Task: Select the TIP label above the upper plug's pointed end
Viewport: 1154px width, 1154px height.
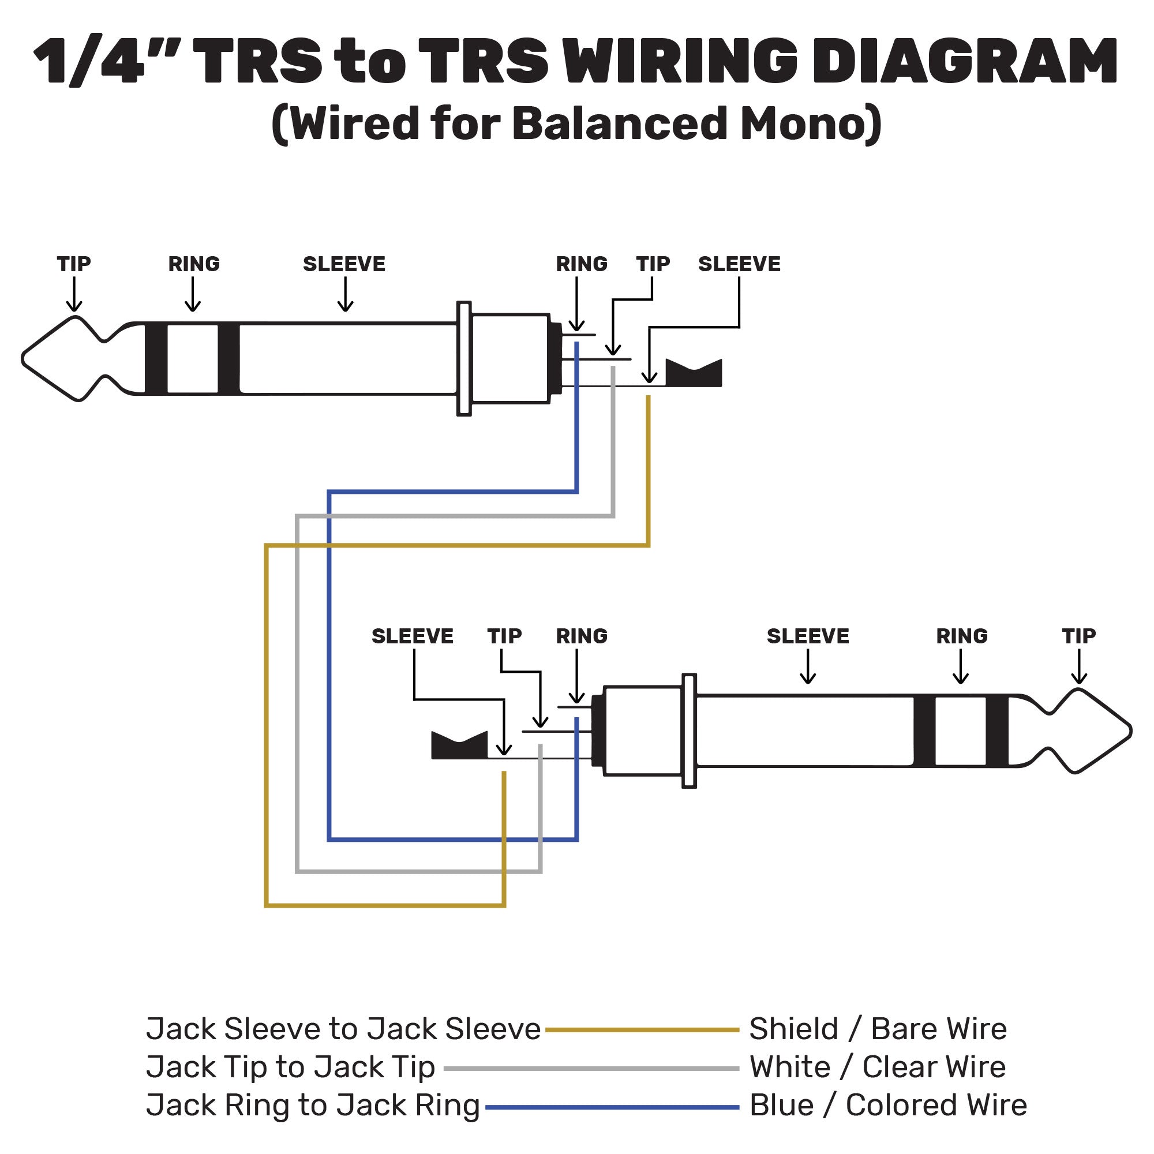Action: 74,264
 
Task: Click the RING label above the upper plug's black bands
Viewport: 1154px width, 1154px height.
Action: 193,264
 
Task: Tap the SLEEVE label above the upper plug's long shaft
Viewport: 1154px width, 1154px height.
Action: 344,264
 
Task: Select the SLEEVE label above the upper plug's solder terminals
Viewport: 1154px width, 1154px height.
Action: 739,264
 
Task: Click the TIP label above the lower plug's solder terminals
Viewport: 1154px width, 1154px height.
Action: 504,636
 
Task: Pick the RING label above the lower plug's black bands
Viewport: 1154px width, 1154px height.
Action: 962,636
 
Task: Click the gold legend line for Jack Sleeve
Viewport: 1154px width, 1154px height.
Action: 642,1030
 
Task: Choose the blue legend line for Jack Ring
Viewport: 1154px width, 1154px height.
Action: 612,1107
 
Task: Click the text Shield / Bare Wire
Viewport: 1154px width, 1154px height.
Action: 878,1029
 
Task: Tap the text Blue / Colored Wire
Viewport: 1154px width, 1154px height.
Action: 888,1106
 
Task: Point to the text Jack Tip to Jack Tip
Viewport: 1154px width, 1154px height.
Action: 290,1067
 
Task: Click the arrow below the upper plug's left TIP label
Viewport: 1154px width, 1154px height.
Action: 74,296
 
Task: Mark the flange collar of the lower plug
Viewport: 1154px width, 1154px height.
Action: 690,731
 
